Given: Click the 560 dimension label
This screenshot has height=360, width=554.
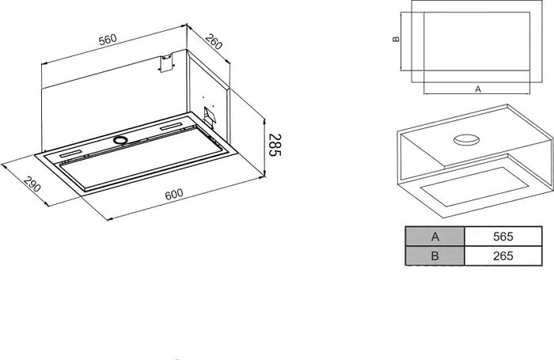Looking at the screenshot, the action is [108, 40].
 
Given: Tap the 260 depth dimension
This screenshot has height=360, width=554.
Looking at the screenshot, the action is [214, 42].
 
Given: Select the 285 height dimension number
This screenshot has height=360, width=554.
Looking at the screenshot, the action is [275, 145].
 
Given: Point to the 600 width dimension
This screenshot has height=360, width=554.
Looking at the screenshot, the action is [174, 194].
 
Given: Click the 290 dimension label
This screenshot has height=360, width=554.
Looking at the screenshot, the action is [32, 184].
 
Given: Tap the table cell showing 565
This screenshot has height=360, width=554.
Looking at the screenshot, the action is [503, 237].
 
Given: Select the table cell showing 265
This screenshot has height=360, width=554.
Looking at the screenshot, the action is [503, 256].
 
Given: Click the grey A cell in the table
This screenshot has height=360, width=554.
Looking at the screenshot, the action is [435, 237].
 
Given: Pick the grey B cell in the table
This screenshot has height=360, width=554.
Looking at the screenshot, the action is [435, 256].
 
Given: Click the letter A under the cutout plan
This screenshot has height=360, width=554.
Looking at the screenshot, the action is [478, 89].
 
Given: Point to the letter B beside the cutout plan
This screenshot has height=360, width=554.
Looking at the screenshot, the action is [396, 39].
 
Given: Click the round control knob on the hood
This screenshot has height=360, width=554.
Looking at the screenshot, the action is [120, 140].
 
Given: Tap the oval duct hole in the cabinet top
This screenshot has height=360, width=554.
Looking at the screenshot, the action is [466, 140].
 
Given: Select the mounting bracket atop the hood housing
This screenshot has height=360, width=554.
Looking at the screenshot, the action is [167, 63].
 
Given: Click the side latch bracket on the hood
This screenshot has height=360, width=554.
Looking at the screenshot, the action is [210, 116].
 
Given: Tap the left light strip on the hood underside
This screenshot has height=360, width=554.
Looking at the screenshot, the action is [70, 154].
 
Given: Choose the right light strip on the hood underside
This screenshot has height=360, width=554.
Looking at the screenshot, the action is [172, 127].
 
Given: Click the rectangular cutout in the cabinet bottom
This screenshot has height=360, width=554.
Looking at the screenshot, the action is [474, 186].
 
